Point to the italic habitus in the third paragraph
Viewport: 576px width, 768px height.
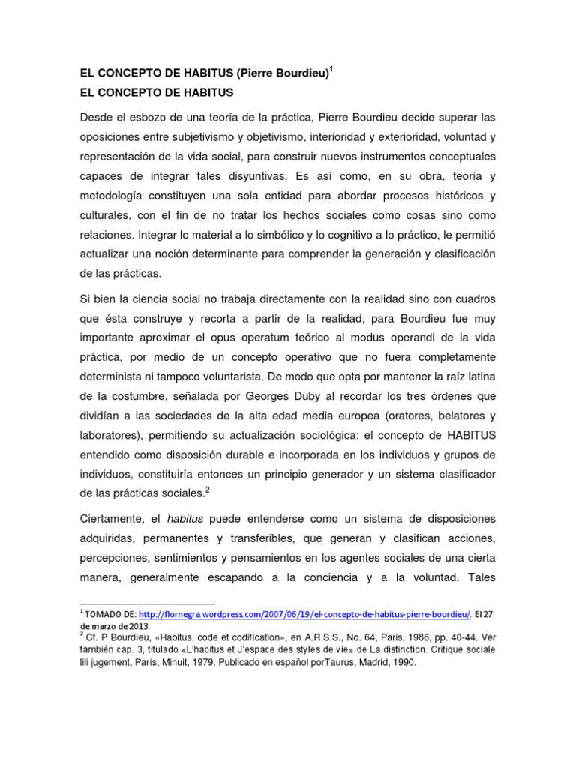(x=184, y=519)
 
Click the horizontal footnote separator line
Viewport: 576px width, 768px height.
(x=147, y=603)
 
